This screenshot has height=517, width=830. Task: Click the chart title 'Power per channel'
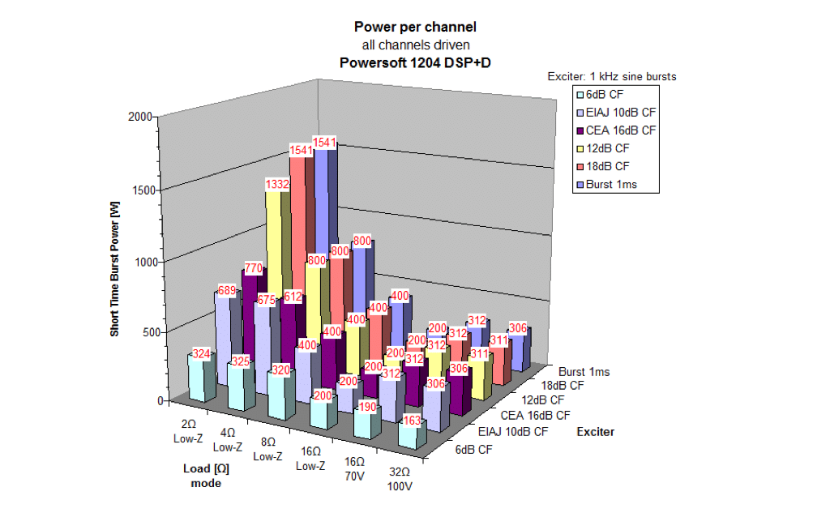tap(415, 27)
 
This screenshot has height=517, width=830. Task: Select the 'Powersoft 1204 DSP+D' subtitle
tap(415, 61)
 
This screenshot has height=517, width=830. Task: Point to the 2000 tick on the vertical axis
tap(141, 117)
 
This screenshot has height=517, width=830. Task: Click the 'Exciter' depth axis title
tap(595, 432)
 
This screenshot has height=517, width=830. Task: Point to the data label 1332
tap(278, 185)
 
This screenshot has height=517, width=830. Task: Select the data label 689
tap(226, 289)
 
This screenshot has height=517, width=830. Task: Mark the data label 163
tap(412, 420)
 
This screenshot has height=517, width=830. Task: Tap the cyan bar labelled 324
tap(202, 378)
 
